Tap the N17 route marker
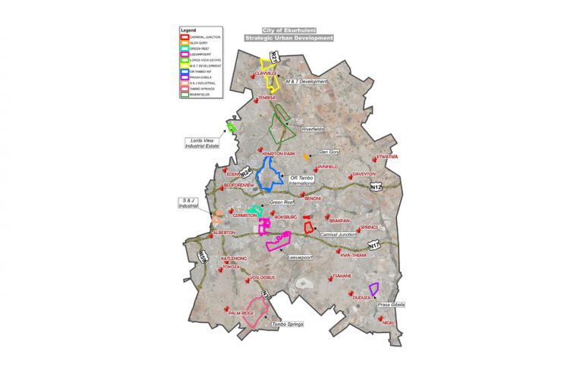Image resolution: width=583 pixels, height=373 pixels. [373, 246]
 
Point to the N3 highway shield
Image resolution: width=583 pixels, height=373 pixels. [266, 293]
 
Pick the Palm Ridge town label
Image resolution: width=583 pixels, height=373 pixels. [241, 312]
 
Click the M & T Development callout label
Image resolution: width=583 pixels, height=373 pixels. [307, 81]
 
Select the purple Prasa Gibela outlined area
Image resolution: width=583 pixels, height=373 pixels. [373, 288]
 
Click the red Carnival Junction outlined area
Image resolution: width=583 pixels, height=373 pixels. [308, 226]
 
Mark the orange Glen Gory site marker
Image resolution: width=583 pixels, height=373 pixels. [307, 157]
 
